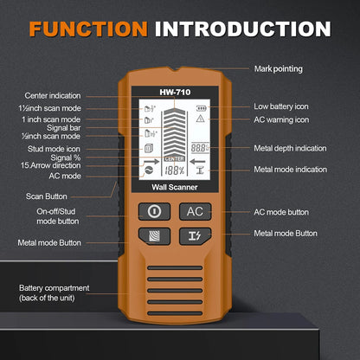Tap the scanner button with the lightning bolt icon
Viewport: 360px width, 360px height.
click(195, 235)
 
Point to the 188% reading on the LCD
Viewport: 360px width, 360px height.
click(174, 170)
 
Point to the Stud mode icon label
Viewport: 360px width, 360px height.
click(55, 148)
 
